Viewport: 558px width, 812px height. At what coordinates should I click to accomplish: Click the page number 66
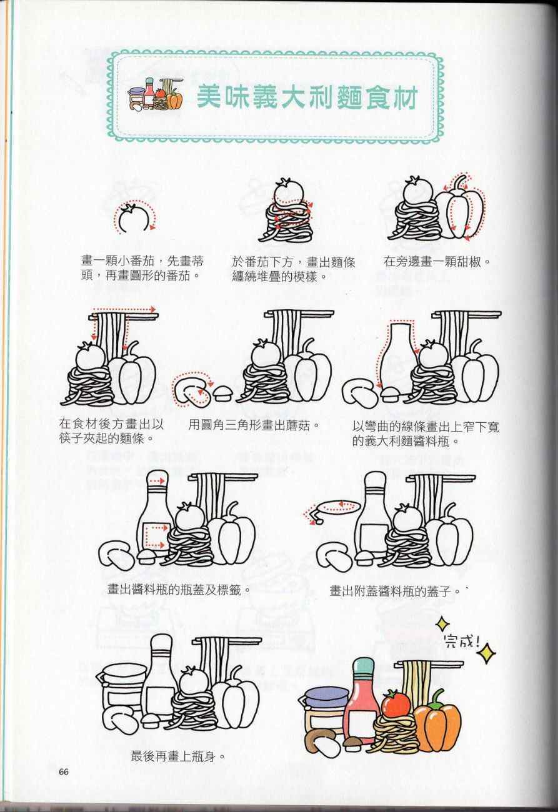click(64, 771)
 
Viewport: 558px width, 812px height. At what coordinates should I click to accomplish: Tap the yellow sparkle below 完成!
click(486, 653)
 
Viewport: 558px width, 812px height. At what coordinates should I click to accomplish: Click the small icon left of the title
click(155, 94)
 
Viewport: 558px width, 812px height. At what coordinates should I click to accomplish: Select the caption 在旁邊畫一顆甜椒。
click(437, 261)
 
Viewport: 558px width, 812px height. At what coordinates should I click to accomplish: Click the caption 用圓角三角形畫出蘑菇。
click(254, 425)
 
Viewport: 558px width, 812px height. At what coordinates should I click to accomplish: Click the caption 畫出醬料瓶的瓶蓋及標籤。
click(179, 590)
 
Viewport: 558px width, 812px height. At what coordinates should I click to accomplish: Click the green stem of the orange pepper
click(437, 696)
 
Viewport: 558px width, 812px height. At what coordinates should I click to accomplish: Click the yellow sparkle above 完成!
click(442, 624)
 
